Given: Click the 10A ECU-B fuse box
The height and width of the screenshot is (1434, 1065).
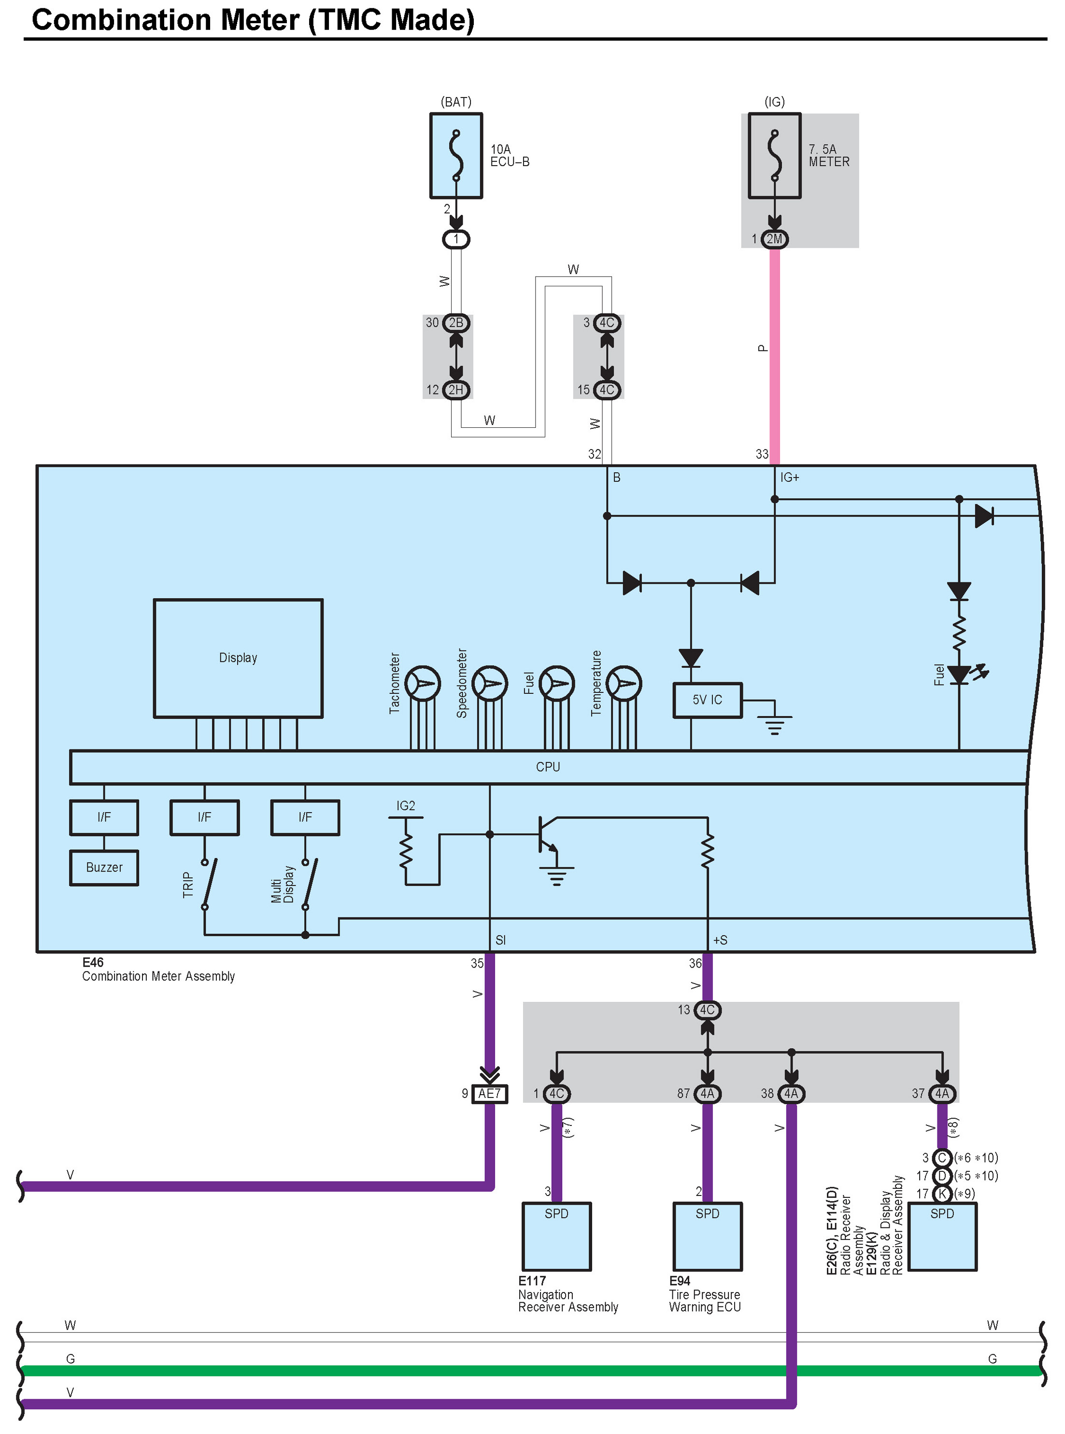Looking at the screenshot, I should [456, 156].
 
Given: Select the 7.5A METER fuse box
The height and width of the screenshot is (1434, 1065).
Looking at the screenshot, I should [774, 156].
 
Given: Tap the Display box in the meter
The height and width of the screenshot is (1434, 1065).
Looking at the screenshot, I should [238, 658].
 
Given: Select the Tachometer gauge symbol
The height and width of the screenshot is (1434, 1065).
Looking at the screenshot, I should [422, 684].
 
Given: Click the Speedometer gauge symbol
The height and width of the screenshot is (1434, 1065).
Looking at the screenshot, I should [489, 684].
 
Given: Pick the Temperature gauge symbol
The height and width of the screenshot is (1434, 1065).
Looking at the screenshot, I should [624, 684].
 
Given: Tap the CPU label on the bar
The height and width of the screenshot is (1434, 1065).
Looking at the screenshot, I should [548, 767].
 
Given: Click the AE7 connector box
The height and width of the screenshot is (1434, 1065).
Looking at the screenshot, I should [489, 1094].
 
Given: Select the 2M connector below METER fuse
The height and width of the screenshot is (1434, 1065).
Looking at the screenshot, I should [774, 239].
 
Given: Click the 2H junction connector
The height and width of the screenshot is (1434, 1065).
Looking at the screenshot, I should [456, 390].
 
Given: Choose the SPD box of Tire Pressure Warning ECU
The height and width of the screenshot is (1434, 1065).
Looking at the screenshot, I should [707, 1236].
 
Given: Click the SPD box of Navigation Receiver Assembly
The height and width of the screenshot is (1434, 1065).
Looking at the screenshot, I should [556, 1236].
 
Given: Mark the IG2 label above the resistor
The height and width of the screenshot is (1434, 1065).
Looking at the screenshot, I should [406, 806].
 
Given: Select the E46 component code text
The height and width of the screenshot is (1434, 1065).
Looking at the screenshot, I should [93, 962].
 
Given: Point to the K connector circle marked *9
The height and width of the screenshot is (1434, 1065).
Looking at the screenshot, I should [942, 1194].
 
